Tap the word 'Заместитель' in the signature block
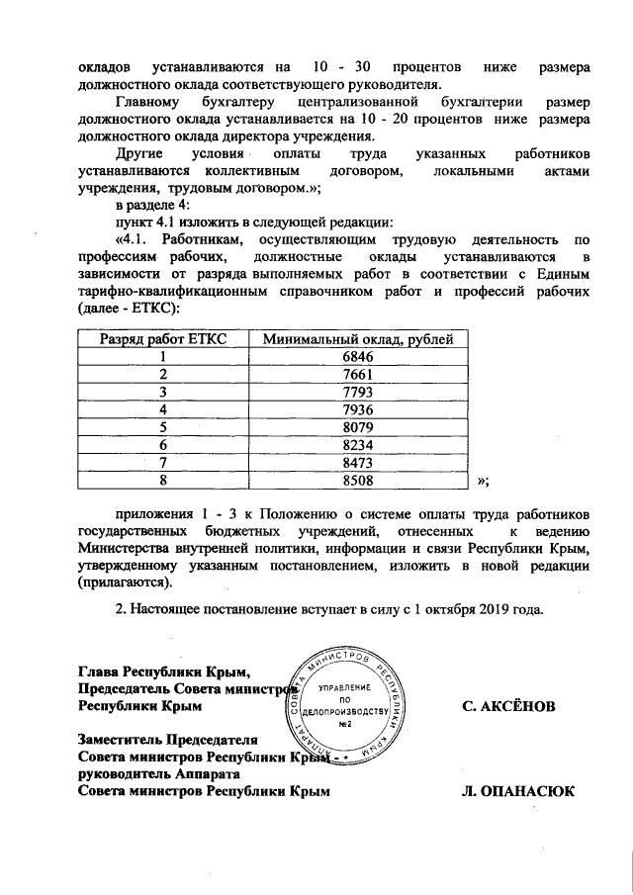(x=120, y=738)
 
